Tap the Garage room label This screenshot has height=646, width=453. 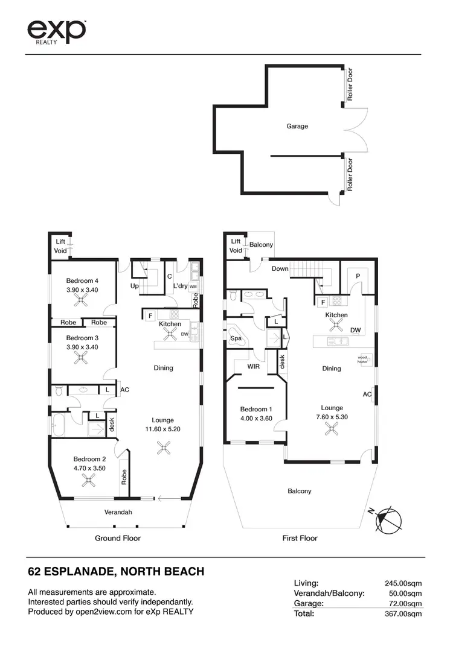(297, 127)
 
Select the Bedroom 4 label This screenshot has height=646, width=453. (82, 281)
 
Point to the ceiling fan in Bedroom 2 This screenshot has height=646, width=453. (89, 480)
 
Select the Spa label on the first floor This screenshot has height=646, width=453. (236, 339)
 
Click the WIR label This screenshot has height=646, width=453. (254, 366)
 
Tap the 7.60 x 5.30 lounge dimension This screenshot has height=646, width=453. (332, 417)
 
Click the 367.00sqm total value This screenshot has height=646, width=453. (403, 613)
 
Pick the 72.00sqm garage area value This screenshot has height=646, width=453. (405, 603)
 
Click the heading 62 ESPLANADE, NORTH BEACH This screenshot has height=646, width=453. (116, 571)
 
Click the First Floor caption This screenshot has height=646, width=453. (300, 538)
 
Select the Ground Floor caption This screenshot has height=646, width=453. (118, 538)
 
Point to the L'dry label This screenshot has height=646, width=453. (181, 285)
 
